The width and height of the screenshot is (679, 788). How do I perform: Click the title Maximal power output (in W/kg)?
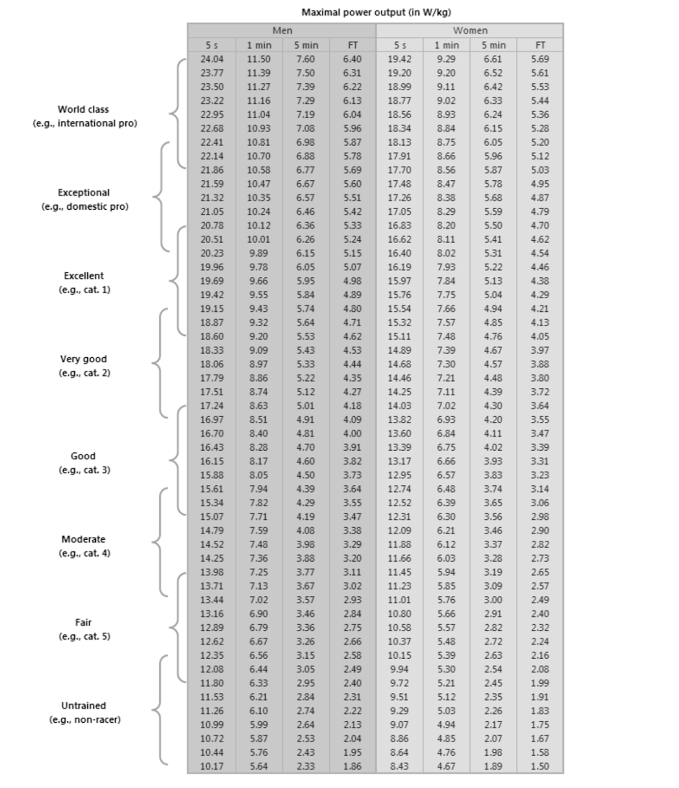376,12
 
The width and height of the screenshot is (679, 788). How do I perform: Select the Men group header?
282,31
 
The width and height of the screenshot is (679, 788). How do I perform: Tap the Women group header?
470,31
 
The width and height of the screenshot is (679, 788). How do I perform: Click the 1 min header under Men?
258,45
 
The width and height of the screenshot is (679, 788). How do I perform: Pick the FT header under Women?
540,45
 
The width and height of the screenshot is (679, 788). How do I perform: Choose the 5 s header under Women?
400,45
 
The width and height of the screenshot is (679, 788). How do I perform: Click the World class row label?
83,109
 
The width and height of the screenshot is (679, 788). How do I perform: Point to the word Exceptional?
83,193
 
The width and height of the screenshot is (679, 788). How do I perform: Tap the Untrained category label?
83,706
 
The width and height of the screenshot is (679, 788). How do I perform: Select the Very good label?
83,359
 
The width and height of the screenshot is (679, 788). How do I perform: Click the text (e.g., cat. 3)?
84,470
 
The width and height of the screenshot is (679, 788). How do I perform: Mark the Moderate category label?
83,539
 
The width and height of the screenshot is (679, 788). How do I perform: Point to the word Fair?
83,622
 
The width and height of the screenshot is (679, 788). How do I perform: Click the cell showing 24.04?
211,59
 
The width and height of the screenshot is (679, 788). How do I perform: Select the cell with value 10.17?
211,766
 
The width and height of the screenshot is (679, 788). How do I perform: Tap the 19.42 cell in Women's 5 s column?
400,59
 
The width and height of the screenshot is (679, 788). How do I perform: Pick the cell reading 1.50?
540,766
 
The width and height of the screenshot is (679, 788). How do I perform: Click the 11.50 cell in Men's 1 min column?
258,59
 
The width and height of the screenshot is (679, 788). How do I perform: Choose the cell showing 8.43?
400,766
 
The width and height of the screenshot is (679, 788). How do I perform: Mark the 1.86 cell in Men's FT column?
352,766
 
